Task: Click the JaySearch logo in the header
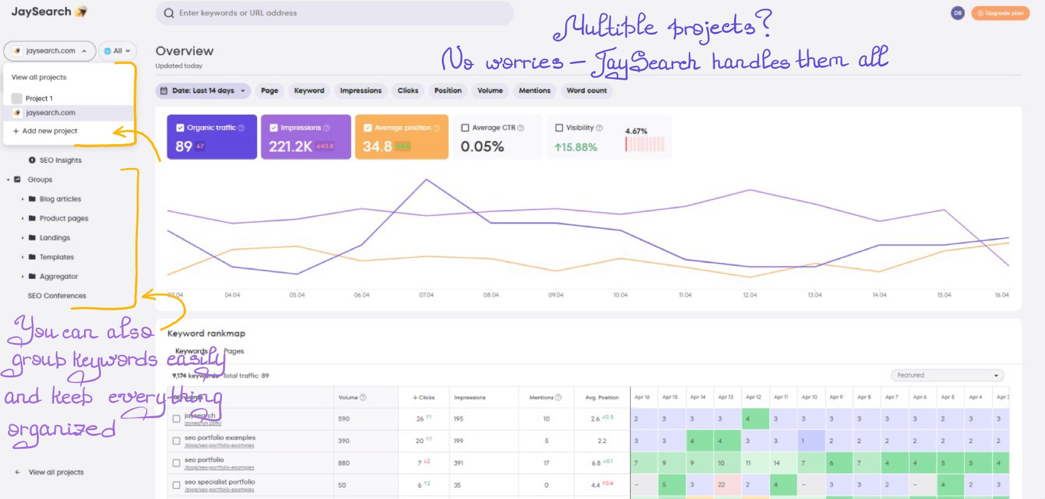[x=49, y=12]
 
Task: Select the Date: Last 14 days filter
[x=202, y=91]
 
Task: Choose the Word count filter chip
[x=586, y=91]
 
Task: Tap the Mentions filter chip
[x=534, y=91]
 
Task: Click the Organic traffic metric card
[x=212, y=137]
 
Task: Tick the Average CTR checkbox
[x=465, y=128]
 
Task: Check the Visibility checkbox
[x=559, y=128]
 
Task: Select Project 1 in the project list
[x=39, y=98]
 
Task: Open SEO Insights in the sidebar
[x=60, y=160]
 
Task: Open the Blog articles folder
[x=60, y=199]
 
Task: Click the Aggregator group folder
[x=58, y=276]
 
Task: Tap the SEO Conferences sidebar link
[x=56, y=296]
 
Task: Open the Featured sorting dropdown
[x=947, y=376]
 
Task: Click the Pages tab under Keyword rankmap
[x=234, y=352]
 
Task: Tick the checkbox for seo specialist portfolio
[x=176, y=485]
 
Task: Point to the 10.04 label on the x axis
[x=620, y=295]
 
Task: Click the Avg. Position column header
[x=602, y=397]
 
